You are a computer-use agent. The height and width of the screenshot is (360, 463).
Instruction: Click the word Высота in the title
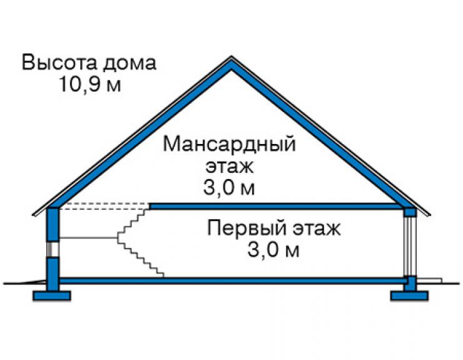pyautogui.click(x=59, y=63)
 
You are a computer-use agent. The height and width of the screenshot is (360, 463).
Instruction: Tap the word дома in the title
pyautogui.click(x=130, y=64)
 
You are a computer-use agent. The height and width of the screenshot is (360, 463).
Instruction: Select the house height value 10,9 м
pyautogui.click(x=90, y=85)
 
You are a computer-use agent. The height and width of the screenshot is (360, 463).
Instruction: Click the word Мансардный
pyautogui.click(x=230, y=145)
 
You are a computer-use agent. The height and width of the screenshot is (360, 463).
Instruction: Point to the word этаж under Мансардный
pyautogui.click(x=230, y=167)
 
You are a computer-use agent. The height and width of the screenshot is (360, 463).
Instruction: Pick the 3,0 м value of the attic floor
pyautogui.click(x=229, y=187)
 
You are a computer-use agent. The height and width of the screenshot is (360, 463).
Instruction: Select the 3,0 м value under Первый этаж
pyautogui.click(x=273, y=250)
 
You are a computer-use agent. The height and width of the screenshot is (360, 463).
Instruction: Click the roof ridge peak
pyautogui.click(x=232, y=57)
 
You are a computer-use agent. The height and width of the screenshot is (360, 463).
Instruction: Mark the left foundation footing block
pyautogui.click(x=52, y=296)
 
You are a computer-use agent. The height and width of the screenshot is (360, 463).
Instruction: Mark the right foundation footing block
pyautogui.click(x=409, y=296)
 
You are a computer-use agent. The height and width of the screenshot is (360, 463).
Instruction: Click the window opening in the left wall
pyautogui.click(x=53, y=249)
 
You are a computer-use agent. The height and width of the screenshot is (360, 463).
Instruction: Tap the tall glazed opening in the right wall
pyautogui.click(x=410, y=246)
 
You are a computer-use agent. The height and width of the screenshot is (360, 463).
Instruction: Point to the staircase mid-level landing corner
pyautogui.click(x=118, y=238)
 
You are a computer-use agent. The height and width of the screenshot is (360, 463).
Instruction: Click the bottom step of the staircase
pyautogui.click(x=160, y=275)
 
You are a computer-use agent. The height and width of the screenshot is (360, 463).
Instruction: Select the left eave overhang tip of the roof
pyautogui.click(x=33, y=214)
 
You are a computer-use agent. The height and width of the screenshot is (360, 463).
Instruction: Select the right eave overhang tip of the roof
pyautogui.click(x=430, y=214)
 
